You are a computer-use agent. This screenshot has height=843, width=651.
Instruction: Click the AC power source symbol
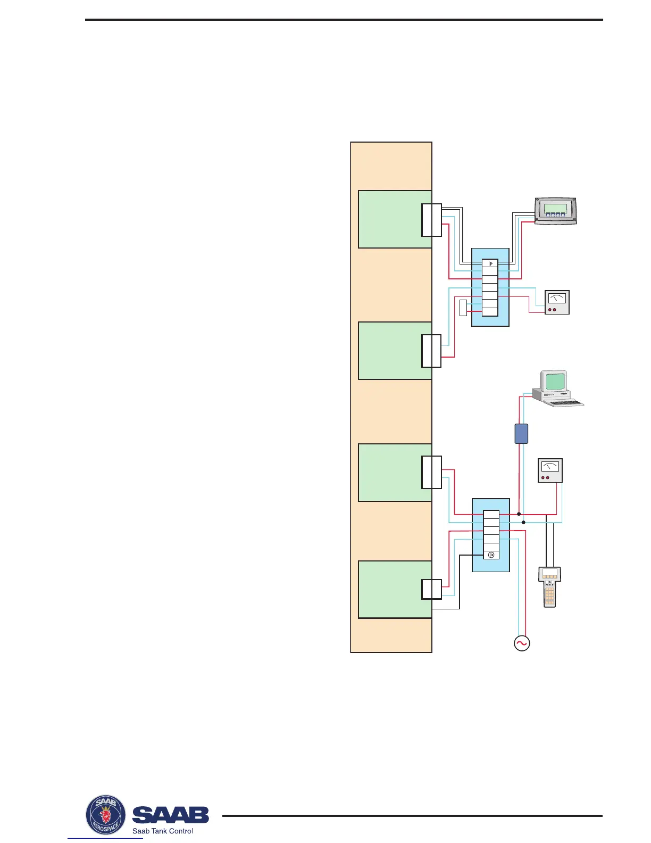(x=521, y=643)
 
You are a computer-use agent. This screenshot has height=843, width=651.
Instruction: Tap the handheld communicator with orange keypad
(x=550, y=588)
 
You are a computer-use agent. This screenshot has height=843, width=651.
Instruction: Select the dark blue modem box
(x=521, y=434)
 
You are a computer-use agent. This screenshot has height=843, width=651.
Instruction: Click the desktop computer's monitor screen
(x=555, y=381)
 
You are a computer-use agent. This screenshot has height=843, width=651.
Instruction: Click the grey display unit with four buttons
(x=555, y=212)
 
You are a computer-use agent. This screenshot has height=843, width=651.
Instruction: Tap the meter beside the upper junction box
(x=557, y=302)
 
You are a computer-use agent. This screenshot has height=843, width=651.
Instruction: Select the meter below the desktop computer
(x=550, y=470)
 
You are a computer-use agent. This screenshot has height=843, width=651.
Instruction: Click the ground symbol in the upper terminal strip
(x=490, y=263)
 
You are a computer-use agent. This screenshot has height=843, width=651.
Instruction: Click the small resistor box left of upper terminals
(x=463, y=308)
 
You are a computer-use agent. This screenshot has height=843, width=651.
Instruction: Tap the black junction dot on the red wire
(x=519, y=514)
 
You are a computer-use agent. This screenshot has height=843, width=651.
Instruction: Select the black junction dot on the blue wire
(x=523, y=523)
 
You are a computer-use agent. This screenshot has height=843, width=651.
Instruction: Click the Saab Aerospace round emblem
(x=106, y=815)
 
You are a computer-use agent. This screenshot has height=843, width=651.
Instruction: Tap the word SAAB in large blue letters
(x=170, y=814)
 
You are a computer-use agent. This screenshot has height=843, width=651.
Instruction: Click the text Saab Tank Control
(x=163, y=831)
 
